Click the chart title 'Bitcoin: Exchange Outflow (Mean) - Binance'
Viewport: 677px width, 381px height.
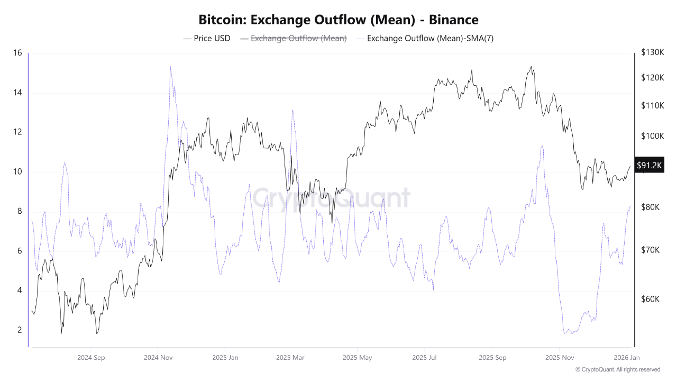point(338,20)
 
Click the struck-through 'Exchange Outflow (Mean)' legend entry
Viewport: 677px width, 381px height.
point(294,38)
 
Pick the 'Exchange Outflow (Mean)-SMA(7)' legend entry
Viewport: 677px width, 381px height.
point(425,38)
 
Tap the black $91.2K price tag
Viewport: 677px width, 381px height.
point(649,165)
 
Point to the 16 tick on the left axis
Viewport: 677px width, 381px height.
point(17,53)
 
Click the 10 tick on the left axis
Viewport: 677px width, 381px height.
point(17,171)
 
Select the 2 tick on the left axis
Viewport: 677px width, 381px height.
point(19,330)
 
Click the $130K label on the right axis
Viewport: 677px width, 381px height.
point(652,52)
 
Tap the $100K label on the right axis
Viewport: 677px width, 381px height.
point(652,135)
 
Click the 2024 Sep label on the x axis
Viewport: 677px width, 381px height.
point(91,357)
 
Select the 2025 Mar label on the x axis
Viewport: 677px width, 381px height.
point(290,357)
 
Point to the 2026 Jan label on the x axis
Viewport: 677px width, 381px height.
point(626,357)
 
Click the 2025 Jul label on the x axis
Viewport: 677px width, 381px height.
point(424,357)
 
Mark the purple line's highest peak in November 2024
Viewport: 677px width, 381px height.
point(170,67)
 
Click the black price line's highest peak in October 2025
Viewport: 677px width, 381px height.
point(531,67)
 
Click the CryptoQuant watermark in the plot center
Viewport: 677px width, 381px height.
point(331,198)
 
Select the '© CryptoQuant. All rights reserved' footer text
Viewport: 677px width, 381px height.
point(617,369)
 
